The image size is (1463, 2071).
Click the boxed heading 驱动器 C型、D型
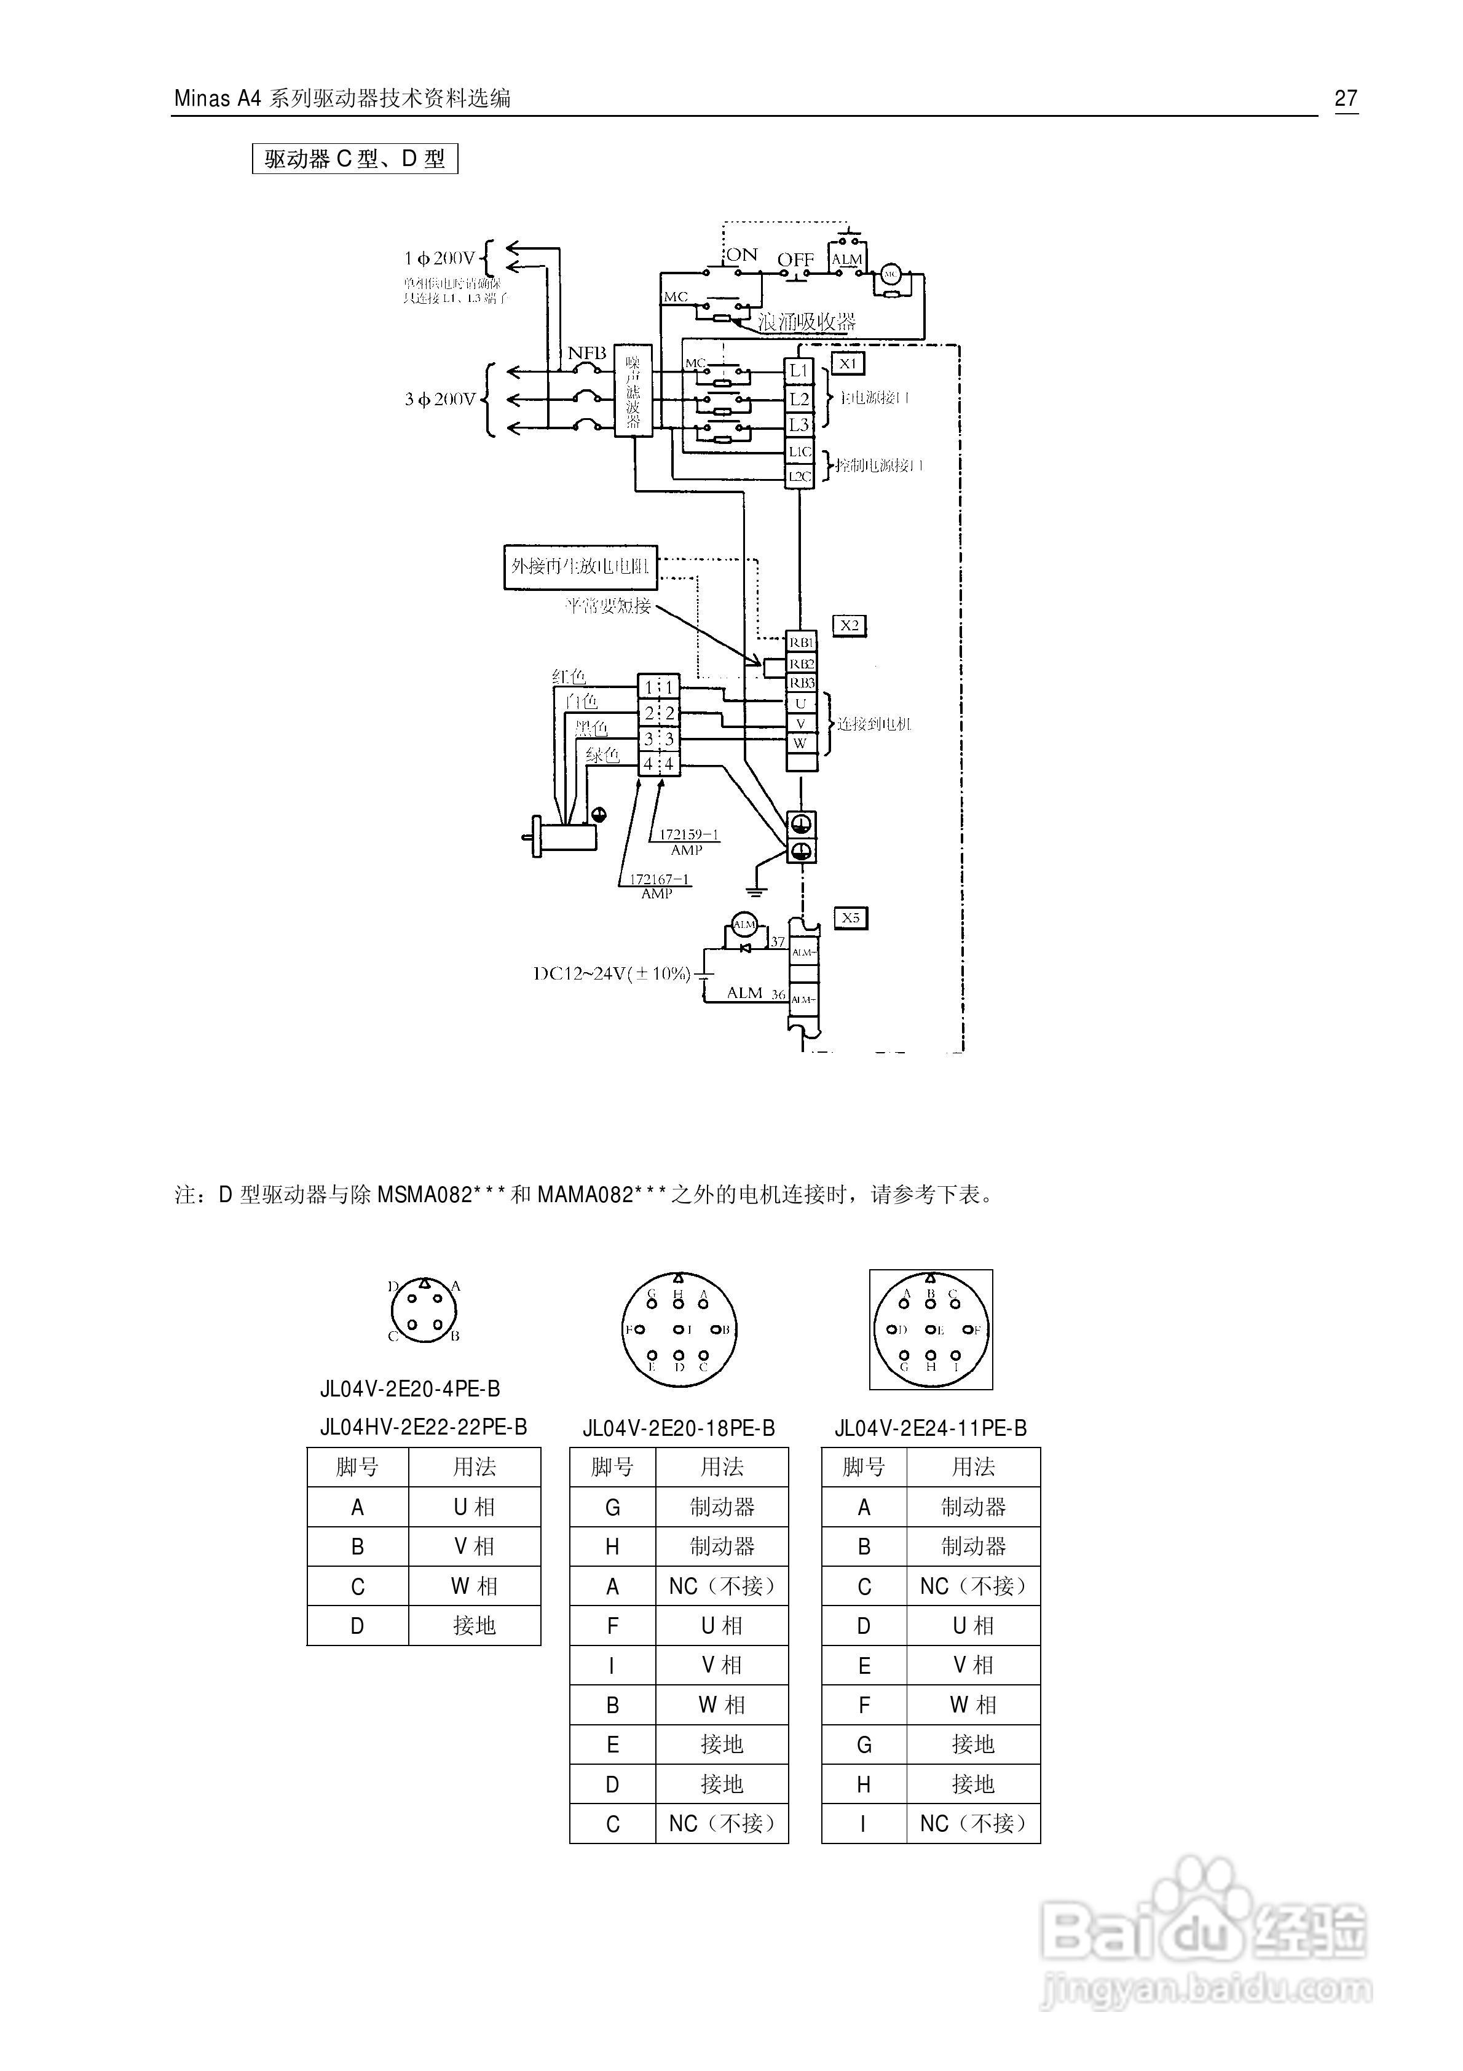355,160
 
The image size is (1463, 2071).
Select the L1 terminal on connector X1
799,371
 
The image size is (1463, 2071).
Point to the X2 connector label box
849,625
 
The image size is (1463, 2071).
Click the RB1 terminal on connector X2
801,642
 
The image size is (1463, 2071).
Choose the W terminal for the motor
800,743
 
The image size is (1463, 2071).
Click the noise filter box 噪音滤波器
633,390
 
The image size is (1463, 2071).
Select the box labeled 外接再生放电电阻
580,566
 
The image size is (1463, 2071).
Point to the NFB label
586,354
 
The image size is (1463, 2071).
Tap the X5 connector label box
850,918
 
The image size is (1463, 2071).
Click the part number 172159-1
688,834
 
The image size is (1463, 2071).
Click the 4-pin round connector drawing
425,1310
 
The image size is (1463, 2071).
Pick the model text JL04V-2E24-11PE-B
930,1428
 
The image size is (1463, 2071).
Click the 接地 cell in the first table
475,1625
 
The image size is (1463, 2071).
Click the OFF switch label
795,259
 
